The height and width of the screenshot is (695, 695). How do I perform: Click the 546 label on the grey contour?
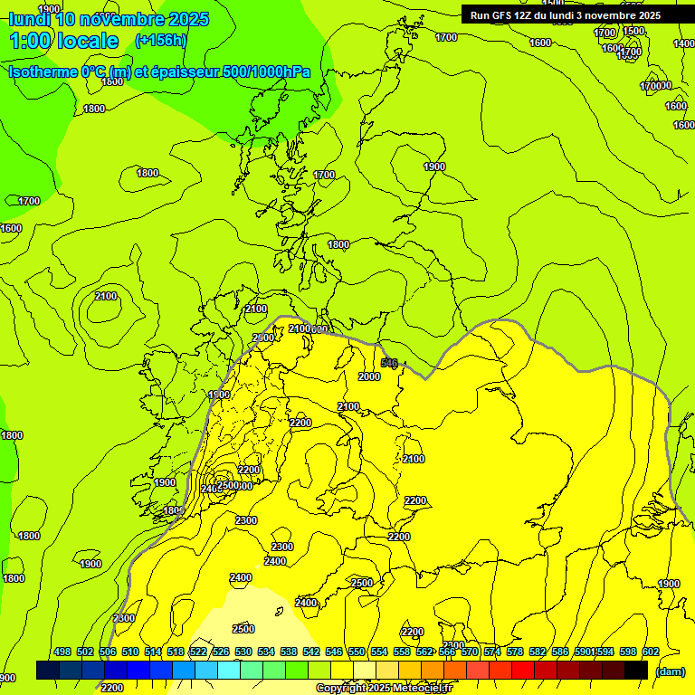389,363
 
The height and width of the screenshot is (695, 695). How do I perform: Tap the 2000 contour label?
369,376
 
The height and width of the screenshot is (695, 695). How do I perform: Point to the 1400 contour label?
684,43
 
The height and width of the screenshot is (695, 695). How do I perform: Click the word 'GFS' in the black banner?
502,15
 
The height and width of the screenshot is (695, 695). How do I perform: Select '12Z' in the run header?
525,15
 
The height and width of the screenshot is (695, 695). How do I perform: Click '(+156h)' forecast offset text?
160,40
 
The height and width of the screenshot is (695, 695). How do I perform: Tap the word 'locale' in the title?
86,41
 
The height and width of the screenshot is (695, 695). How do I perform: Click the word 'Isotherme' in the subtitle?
43,71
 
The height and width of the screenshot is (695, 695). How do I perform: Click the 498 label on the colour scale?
62,652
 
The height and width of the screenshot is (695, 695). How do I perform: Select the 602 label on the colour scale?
651,652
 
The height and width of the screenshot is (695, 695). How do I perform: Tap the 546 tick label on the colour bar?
333,652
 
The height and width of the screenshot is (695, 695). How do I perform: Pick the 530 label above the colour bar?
243,652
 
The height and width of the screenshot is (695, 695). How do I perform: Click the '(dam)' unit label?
671,671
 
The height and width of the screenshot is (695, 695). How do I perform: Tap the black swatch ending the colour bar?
636,670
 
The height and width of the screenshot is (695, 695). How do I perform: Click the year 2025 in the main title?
182,19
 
